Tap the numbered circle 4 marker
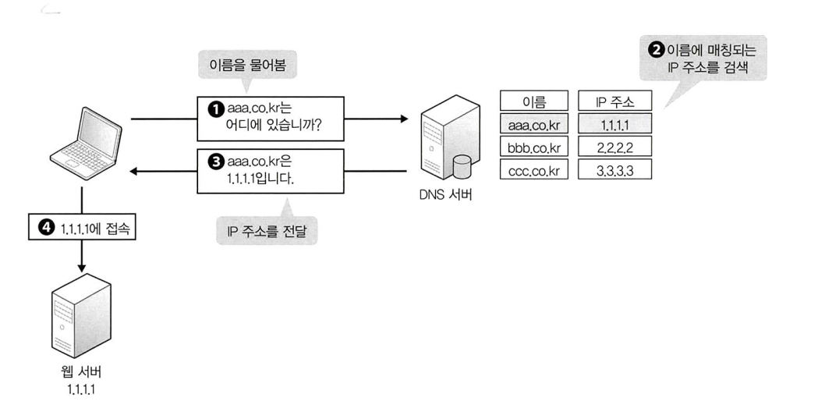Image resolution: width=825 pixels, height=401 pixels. (44, 228)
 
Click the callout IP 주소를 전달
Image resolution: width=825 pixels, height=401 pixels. (267, 232)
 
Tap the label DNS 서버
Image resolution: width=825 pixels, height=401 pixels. (444, 193)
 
